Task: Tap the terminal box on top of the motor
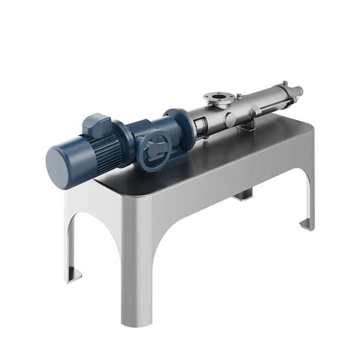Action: tap(96, 122)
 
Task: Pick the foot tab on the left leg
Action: tap(73, 273)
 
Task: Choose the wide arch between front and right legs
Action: tap(228, 228)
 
